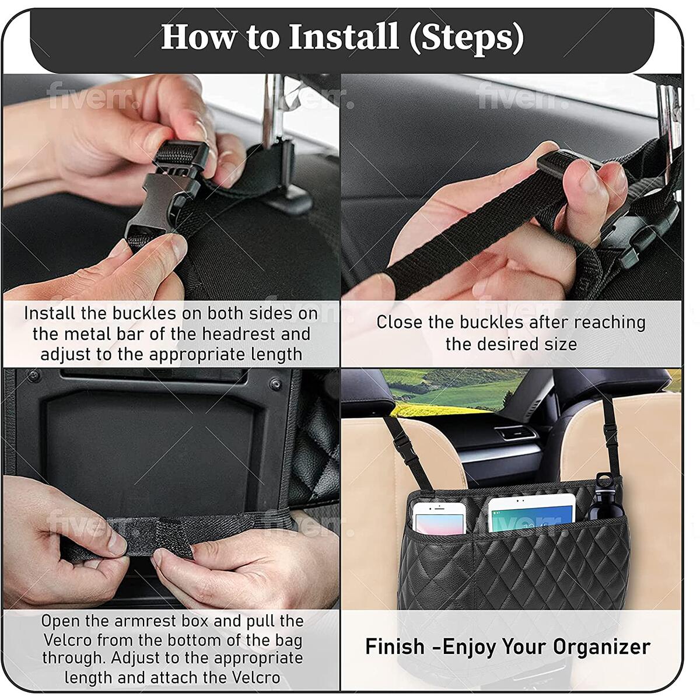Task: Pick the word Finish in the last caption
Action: (x=395, y=647)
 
